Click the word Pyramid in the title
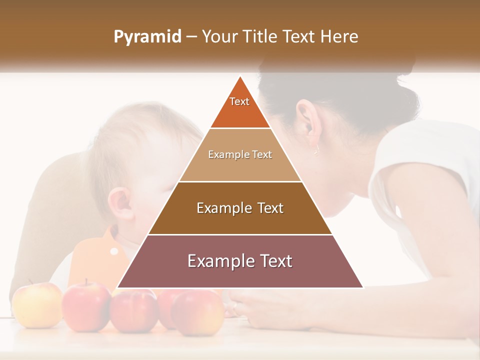pos(147,37)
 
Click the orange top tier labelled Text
pos(239,107)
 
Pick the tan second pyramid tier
pos(240,155)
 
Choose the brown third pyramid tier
pos(240,208)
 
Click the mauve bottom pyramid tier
pos(240,261)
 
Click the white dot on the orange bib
pos(114,251)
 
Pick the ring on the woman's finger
pos(235,305)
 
